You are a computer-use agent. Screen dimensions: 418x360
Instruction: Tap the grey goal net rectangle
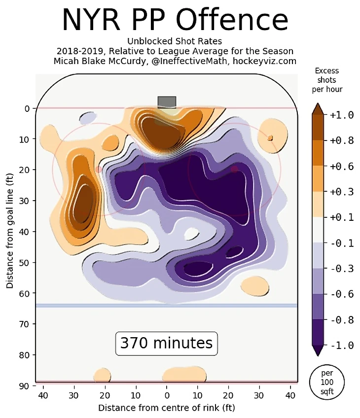click(x=167, y=102)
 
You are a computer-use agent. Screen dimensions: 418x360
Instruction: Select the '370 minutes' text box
click(x=167, y=343)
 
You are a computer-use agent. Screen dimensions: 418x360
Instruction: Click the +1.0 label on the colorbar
click(x=342, y=115)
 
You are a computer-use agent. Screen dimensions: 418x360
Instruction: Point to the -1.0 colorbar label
click(x=342, y=345)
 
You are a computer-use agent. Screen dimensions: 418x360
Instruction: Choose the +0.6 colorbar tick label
click(x=342, y=167)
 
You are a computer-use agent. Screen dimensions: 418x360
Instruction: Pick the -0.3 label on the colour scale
click(x=342, y=269)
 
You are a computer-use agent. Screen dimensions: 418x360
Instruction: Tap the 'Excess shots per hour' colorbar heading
click(x=326, y=80)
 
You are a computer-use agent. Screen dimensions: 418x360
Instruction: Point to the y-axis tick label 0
click(x=27, y=108)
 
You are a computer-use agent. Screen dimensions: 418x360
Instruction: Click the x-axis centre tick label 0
click(x=167, y=395)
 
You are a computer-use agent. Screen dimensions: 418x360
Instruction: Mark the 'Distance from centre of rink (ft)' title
click(x=167, y=408)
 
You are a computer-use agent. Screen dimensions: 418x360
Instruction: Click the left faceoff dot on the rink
click(x=99, y=169)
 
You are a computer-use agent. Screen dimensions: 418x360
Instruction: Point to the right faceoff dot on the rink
click(x=234, y=169)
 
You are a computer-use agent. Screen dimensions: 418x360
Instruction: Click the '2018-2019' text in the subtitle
click(x=80, y=51)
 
